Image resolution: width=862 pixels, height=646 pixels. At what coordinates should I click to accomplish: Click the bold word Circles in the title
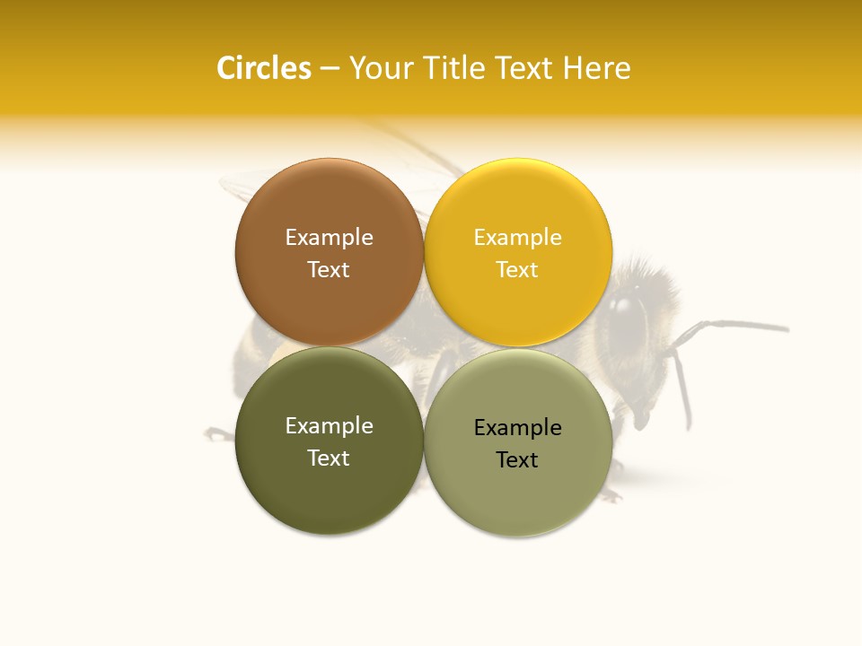[x=264, y=68]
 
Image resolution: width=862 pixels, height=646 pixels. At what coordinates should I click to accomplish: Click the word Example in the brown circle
[x=329, y=238]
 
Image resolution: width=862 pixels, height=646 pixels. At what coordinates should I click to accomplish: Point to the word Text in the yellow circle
[x=517, y=270]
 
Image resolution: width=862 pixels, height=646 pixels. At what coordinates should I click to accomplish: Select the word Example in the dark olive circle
[x=329, y=426]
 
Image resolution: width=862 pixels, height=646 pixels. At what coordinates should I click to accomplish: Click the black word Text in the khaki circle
[x=517, y=460]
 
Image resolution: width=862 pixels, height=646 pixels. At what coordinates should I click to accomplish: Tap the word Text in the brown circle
[x=329, y=270]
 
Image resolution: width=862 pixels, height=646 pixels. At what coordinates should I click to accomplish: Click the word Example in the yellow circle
[x=517, y=238]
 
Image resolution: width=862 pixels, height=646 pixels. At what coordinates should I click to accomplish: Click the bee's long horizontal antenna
[x=736, y=325]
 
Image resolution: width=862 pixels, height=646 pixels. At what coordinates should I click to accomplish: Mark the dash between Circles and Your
[x=330, y=69]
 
